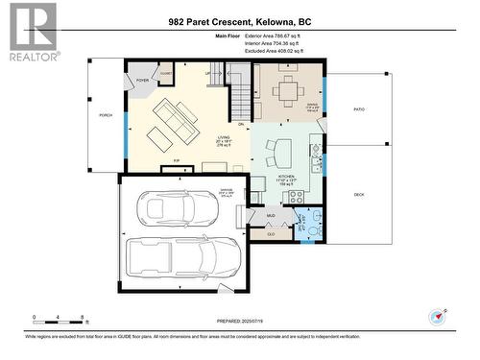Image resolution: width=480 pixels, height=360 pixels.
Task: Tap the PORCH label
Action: point(105,115)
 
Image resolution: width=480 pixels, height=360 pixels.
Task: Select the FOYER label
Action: point(142,82)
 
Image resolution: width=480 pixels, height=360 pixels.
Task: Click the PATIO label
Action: point(359,109)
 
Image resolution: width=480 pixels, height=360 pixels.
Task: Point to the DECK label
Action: point(359,195)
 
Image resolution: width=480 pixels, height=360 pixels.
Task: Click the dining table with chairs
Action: point(287,92)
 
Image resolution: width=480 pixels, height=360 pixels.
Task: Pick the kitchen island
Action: point(280,152)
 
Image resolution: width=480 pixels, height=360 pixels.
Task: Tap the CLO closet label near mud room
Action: point(272,232)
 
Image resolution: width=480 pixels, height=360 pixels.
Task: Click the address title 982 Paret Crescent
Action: point(239,21)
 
